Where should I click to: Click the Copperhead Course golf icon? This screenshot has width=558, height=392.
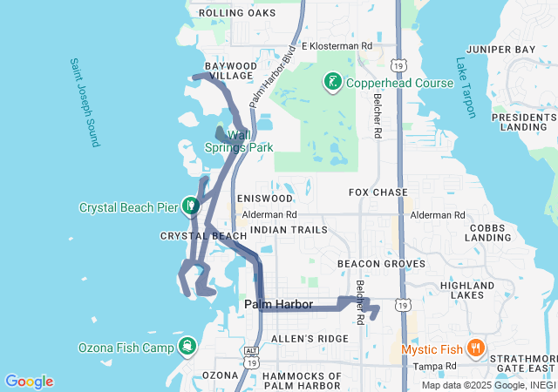[332, 83]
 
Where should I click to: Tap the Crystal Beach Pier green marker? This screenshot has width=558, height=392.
[191, 206]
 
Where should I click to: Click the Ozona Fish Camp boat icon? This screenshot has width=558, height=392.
[188, 347]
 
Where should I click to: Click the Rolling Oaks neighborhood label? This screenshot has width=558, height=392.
[237, 13]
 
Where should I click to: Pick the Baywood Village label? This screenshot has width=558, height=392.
[231, 71]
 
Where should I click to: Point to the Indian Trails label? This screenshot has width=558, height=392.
[289, 230]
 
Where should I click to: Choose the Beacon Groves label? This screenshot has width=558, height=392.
[381, 263]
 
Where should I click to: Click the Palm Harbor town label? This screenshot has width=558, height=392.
[279, 304]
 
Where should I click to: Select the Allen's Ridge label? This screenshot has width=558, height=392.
[297, 338]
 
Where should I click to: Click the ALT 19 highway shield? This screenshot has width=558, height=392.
[251, 349]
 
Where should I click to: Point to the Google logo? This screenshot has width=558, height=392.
[29, 382]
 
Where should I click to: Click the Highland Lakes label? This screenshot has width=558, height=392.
[467, 291]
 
